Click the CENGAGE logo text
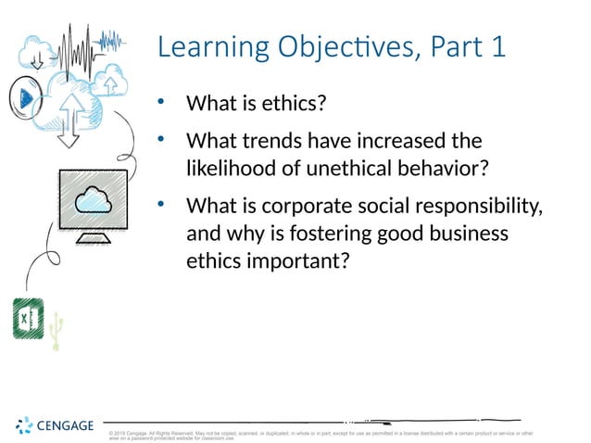(x=65, y=425)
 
